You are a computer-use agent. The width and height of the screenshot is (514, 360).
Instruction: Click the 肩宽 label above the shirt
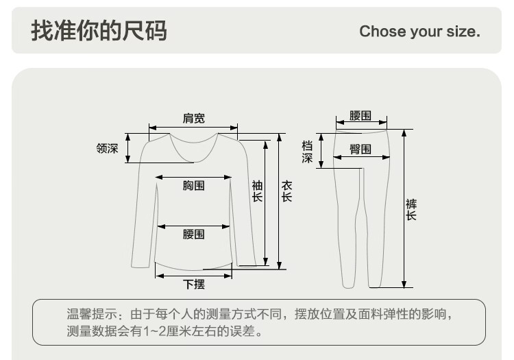[x=193, y=119]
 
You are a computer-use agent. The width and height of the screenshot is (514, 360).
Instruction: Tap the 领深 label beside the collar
[x=107, y=148]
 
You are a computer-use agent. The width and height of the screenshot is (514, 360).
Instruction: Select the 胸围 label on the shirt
[x=193, y=185]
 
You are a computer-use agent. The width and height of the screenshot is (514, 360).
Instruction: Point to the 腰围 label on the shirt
[x=193, y=235]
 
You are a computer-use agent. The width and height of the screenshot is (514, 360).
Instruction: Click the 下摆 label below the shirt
[x=193, y=284]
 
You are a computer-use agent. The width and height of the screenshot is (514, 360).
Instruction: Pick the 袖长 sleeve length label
[x=257, y=191]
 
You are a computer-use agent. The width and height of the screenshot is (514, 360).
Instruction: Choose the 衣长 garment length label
[x=287, y=191]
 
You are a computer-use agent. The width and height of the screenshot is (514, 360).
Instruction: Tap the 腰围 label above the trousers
[x=360, y=115]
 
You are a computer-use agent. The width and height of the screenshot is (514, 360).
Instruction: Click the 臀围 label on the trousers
[x=360, y=149]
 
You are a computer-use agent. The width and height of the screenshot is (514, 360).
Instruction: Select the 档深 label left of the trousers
[x=307, y=152]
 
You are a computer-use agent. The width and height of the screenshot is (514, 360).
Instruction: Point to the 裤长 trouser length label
[x=411, y=209]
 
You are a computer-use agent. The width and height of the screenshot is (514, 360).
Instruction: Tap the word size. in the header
[x=463, y=32]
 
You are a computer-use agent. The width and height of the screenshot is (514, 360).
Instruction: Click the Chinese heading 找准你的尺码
[x=99, y=31]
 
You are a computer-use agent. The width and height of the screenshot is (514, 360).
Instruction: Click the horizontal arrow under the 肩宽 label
[x=193, y=128]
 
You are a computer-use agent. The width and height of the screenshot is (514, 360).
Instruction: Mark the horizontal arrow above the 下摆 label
[x=193, y=276]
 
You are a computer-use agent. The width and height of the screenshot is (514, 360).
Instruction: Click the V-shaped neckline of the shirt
[x=193, y=154]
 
